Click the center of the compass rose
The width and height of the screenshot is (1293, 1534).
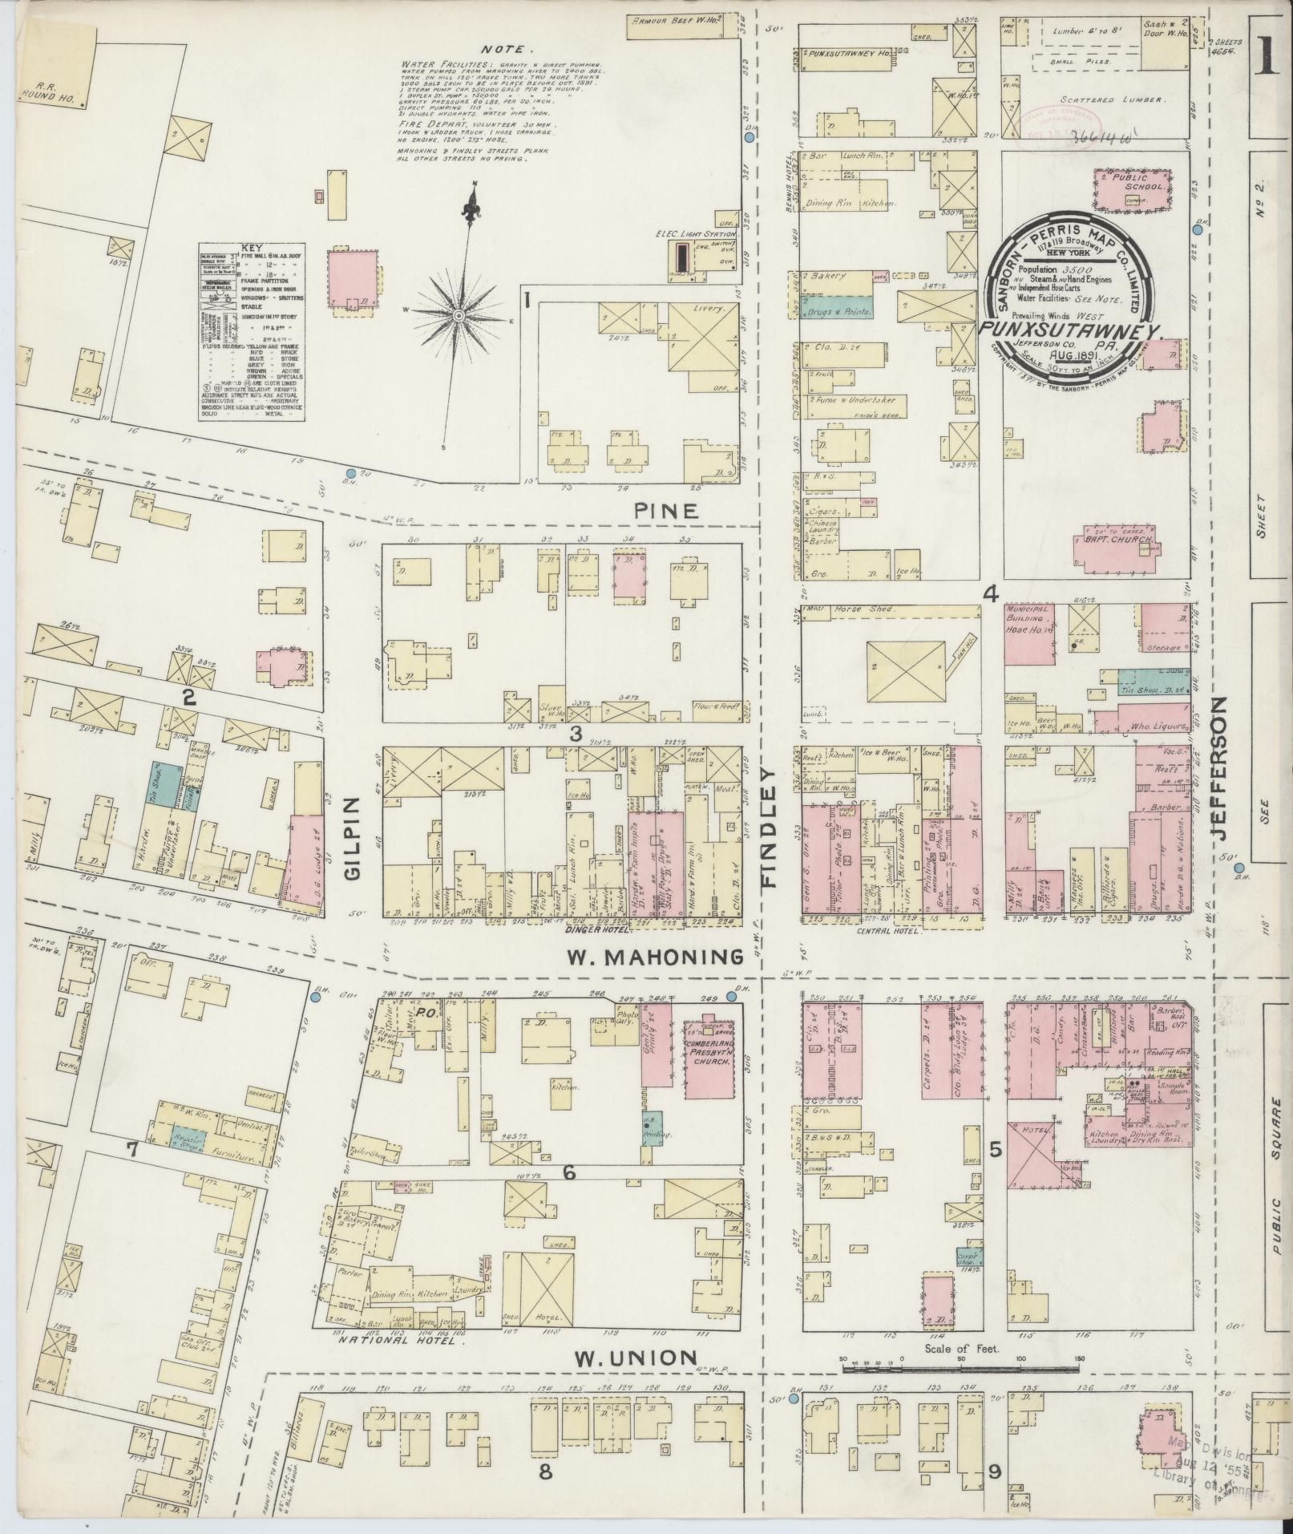point(459,318)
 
